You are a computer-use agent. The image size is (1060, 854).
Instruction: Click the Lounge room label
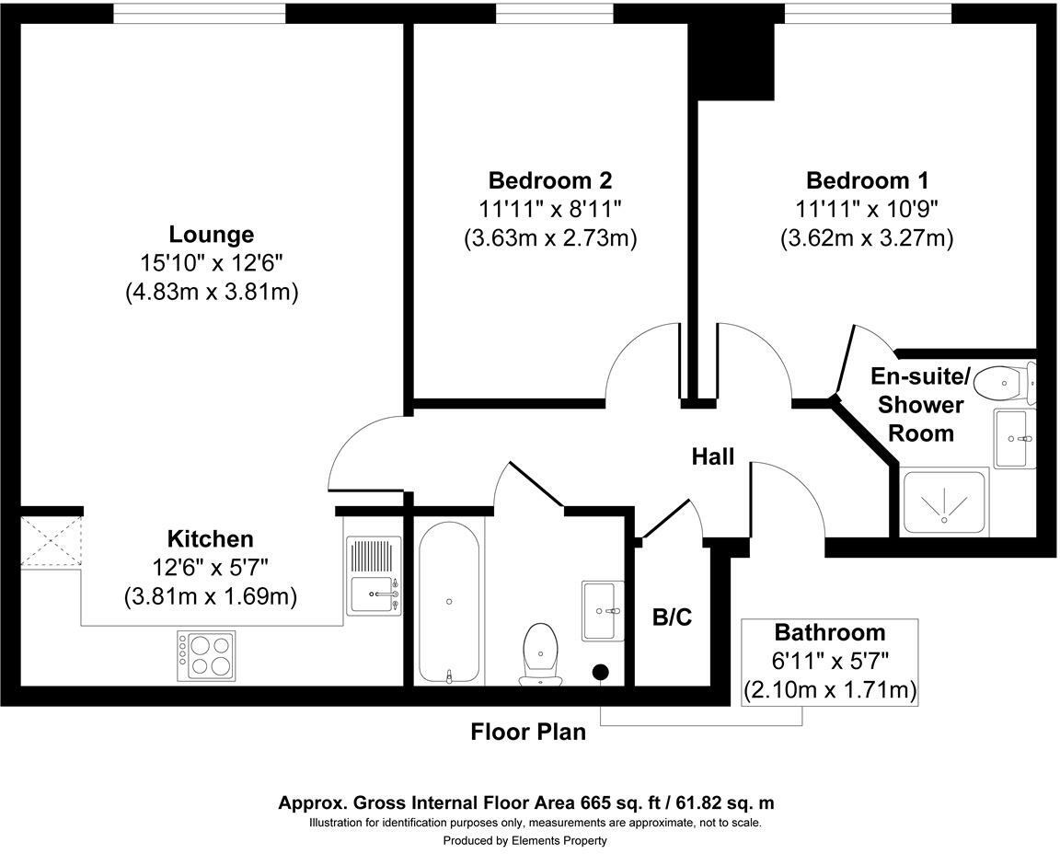[211, 234]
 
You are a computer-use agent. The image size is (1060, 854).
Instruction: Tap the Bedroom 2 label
[549, 179]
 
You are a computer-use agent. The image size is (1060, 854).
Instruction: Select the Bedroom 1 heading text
[867, 179]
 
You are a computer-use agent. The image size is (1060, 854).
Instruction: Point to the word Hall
[713, 456]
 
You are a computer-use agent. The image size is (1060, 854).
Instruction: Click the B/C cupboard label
[672, 617]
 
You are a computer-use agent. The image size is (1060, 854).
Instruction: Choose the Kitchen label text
[210, 538]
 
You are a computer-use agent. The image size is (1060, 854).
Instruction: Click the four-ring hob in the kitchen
[206, 654]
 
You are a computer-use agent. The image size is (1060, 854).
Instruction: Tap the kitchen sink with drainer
[374, 576]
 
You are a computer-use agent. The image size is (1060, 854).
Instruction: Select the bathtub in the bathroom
[449, 600]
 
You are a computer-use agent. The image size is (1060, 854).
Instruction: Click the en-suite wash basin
[1015, 438]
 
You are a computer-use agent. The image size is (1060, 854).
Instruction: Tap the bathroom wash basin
[603, 609]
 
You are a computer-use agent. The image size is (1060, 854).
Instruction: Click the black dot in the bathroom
[602, 673]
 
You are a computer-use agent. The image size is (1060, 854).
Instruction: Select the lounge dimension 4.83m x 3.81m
[211, 292]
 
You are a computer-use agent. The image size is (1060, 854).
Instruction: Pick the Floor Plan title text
[527, 733]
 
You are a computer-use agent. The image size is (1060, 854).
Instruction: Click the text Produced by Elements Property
[524, 840]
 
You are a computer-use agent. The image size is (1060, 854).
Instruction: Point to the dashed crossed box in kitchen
[52, 542]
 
